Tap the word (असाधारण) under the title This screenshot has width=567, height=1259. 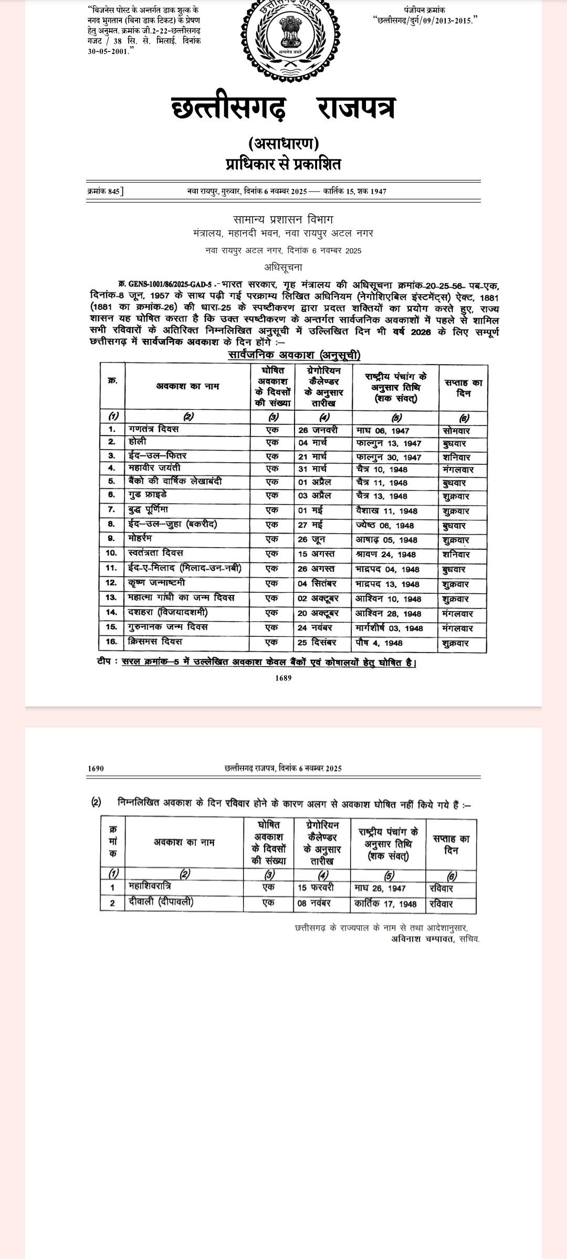[x=283, y=143]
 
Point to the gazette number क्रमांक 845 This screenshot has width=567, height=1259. [x=105, y=191]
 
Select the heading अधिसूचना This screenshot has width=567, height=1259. [x=283, y=267]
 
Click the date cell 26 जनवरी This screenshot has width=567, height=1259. [x=318, y=430]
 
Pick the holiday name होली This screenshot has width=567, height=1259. [x=138, y=442]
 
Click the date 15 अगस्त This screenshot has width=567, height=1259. [x=316, y=554]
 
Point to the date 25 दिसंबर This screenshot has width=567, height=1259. [x=317, y=642]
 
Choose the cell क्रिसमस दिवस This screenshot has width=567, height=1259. [x=155, y=642]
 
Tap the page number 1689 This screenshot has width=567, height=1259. [x=283, y=678]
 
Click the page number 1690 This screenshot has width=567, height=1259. [x=96, y=769]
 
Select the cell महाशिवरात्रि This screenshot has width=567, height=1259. [x=150, y=886]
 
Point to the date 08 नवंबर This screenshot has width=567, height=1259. [x=316, y=903]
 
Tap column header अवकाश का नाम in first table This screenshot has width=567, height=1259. [x=187, y=386]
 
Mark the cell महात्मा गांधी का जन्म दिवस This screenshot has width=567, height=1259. [x=181, y=598]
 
